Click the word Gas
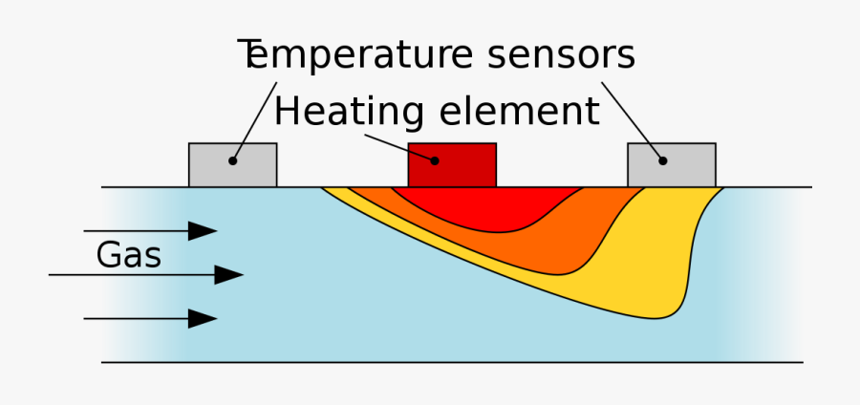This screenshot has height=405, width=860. coord(128,255)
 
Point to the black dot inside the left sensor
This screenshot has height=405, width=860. coord(231,160)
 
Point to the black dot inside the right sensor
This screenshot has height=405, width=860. coord(661,160)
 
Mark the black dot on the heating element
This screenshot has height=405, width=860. coord(435,160)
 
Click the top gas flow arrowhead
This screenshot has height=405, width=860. coord(203,230)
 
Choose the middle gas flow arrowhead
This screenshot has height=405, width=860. coord(228,275)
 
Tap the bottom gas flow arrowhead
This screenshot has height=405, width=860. coord(203,318)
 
